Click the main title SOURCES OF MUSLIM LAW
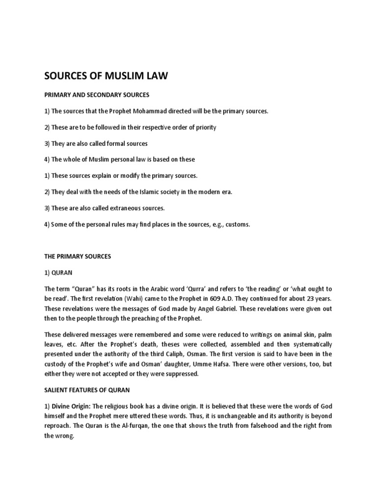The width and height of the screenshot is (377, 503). [x=107, y=76]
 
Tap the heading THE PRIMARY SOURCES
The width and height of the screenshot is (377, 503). [x=78, y=256]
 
